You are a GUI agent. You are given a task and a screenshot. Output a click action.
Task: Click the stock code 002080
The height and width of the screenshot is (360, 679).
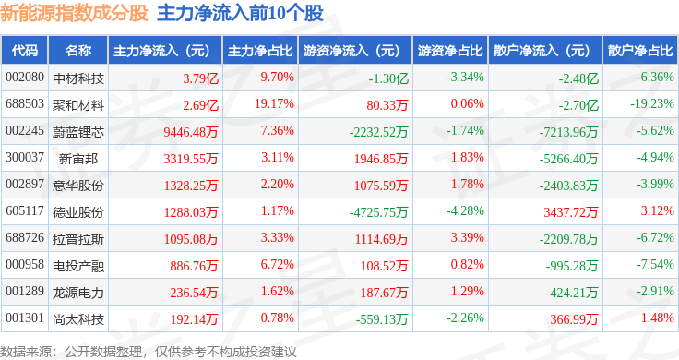pos(25,78)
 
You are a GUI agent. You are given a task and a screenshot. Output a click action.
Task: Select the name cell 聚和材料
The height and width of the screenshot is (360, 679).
pos(78,105)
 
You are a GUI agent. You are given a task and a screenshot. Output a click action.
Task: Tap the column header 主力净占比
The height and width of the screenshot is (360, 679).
pos(260,51)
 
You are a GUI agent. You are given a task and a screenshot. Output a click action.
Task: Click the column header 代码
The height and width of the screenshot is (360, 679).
pos(25,51)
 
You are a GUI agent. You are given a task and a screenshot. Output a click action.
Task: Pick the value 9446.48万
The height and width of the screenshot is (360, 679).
pos(191,132)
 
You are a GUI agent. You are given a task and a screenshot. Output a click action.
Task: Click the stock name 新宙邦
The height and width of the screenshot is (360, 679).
pos(78,159)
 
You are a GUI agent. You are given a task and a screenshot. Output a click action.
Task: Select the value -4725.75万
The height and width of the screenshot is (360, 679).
pos(379,212)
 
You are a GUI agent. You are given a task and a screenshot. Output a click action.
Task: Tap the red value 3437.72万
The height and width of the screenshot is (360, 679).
pos(571,212)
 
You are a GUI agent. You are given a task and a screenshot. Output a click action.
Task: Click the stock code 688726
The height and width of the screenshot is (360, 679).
pos(25,237)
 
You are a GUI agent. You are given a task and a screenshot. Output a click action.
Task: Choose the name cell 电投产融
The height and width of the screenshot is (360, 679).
pos(78,266)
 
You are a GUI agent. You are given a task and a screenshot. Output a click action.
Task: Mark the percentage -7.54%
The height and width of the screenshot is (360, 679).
pos(655,264)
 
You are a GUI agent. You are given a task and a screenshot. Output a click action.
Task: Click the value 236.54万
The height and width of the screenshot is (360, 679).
pos(194,293)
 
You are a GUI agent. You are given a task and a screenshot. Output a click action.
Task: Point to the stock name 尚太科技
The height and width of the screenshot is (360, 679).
pos(78,319)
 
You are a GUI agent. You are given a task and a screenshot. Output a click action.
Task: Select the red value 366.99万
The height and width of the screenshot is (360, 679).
pos(574,319)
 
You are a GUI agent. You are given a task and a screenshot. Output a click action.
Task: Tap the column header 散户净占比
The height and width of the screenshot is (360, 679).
pos(640,51)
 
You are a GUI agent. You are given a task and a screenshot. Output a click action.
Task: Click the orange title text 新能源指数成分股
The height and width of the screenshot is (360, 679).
pos(74,14)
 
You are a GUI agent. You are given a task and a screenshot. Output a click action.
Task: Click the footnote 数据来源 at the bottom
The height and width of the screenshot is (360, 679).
pos(26,352)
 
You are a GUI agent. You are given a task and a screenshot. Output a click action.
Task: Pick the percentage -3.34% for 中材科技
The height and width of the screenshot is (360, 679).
pos(466,78)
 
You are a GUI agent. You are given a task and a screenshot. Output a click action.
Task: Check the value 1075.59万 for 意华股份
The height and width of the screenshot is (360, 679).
pos(381,186)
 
